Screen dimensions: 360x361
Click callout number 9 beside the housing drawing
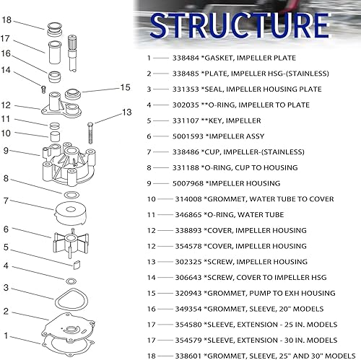(6, 151)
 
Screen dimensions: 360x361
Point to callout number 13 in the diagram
(127, 112)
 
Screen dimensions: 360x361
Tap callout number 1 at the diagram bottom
(6, 335)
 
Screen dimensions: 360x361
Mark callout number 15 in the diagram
(125, 87)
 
